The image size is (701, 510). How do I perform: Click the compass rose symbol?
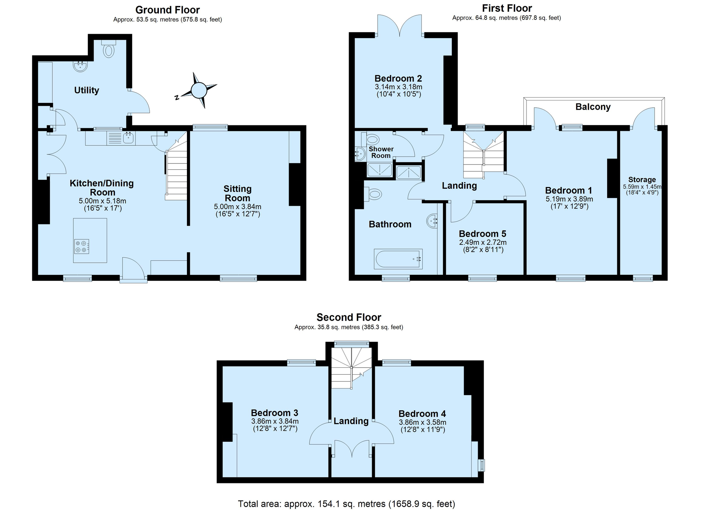coord(199,90)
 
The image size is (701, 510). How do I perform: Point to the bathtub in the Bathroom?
coord(398,259)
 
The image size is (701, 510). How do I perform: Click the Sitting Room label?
coord(237,193)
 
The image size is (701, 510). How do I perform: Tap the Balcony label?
coord(593,107)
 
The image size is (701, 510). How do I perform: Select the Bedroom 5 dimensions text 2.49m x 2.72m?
coord(483,242)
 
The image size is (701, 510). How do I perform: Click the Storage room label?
coord(642,179)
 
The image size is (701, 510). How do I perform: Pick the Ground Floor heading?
coord(168,10)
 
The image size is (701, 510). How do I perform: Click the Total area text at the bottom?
coord(347,503)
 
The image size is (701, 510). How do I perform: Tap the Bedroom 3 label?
coord(275,413)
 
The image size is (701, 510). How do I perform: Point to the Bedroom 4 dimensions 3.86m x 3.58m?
coord(422,422)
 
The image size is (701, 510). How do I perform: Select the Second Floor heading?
coord(349,317)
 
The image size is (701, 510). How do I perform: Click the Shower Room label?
coord(381,152)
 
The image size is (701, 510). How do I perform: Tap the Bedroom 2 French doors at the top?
coord(399,25)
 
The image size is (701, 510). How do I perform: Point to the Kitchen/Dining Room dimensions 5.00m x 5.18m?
coord(102,201)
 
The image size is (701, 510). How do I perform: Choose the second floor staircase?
coord(351,368)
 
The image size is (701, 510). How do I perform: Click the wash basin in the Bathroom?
coord(432,221)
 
